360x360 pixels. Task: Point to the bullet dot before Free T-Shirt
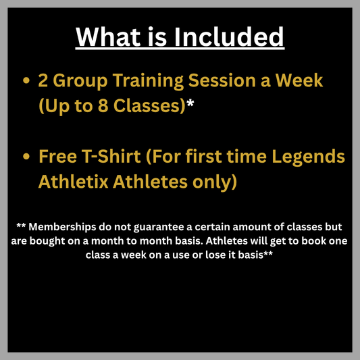[x=26, y=157]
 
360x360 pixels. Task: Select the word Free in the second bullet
[x=57, y=157]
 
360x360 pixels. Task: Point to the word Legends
[x=312, y=157]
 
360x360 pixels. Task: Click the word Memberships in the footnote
[x=61, y=226]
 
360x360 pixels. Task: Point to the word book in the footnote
[x=315, y=241]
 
